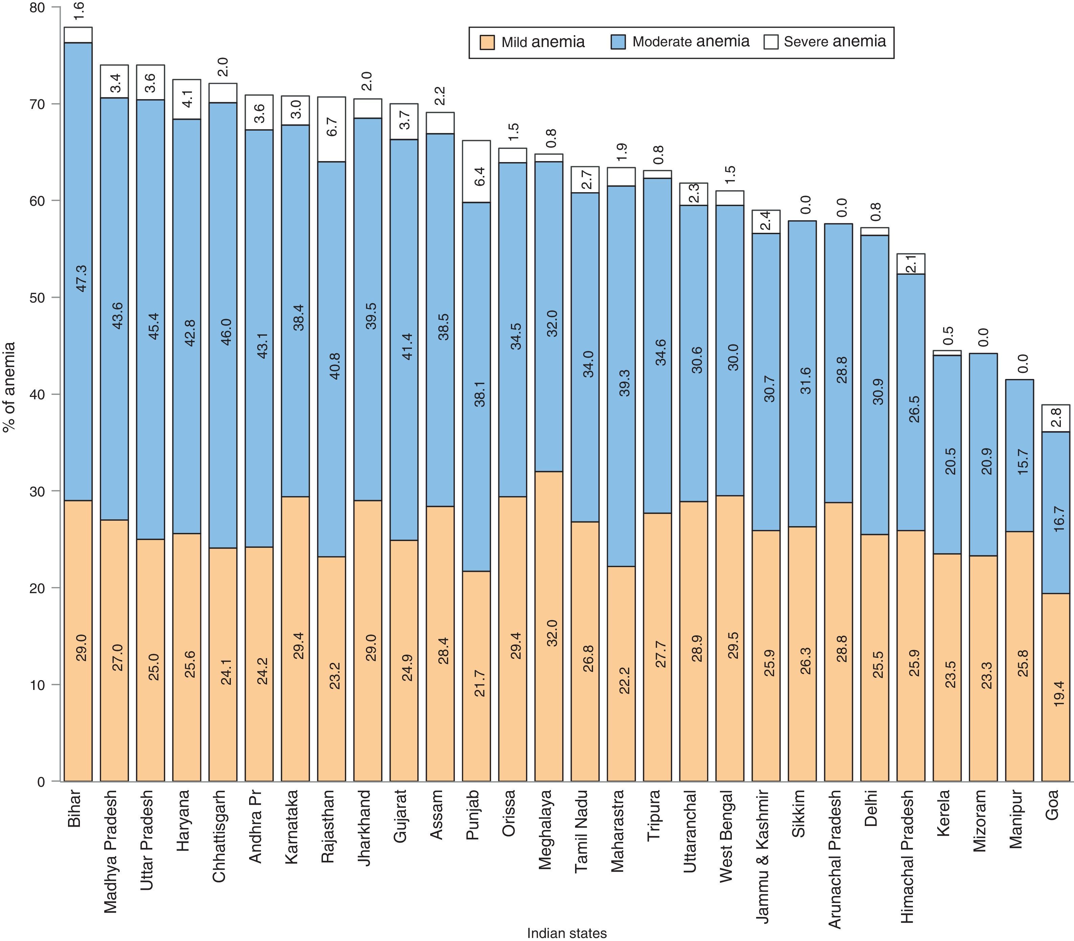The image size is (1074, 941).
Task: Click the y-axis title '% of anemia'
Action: click(9, 387)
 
